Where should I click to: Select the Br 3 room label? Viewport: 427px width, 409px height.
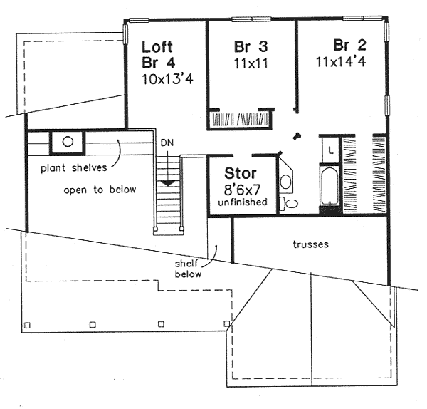[251, 47]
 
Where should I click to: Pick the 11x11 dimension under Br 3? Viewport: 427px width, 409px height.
[250, 62]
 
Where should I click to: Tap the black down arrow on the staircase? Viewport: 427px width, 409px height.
[168, 182]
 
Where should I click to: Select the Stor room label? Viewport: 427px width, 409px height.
[241, 173]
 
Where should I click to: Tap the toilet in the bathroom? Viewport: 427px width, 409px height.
[290, 204]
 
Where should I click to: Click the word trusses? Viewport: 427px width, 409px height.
[310, 244]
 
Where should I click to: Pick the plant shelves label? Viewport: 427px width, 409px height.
[69, 168]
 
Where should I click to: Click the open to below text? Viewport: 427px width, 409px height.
[100, 190]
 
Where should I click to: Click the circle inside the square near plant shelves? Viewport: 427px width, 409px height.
[68, 141]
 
